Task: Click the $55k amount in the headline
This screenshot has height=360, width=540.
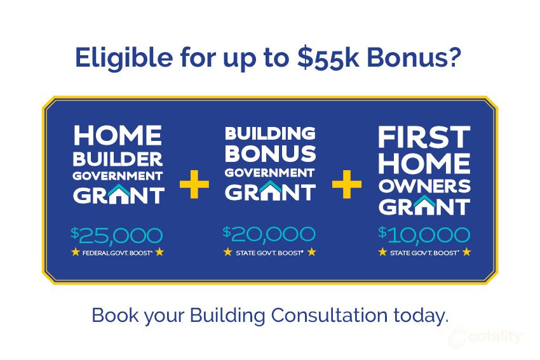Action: point(328,58)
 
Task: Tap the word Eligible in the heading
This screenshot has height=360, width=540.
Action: point(124,58)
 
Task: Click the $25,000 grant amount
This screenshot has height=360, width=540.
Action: point(117,236)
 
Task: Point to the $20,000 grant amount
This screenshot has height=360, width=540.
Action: point(269,234)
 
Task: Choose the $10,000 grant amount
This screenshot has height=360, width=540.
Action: point(424,234)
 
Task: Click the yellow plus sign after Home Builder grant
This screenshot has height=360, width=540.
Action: point(194,184)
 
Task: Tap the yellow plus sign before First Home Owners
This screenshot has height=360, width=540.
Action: point(347,184)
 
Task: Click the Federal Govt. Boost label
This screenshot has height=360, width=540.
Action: point(118,253)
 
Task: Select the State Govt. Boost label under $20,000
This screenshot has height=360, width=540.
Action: point(269,253)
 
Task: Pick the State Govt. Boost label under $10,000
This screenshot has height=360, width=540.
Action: point(424,253)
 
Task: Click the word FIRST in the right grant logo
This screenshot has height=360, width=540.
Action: point(424,137)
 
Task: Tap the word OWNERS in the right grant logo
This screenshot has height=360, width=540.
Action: point(424,186)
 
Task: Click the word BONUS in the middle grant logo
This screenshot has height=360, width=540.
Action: point(271,154)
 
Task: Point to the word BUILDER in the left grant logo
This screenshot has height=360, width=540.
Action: point(118,159)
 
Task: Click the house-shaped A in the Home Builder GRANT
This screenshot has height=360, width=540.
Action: point(119,194)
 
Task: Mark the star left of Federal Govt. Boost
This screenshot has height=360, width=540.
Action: point(76,252)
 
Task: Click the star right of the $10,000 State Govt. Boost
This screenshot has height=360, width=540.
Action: point(467,252)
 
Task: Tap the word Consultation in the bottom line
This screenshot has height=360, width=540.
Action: point(329,315)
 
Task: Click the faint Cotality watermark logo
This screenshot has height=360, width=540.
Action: point(485,337)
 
